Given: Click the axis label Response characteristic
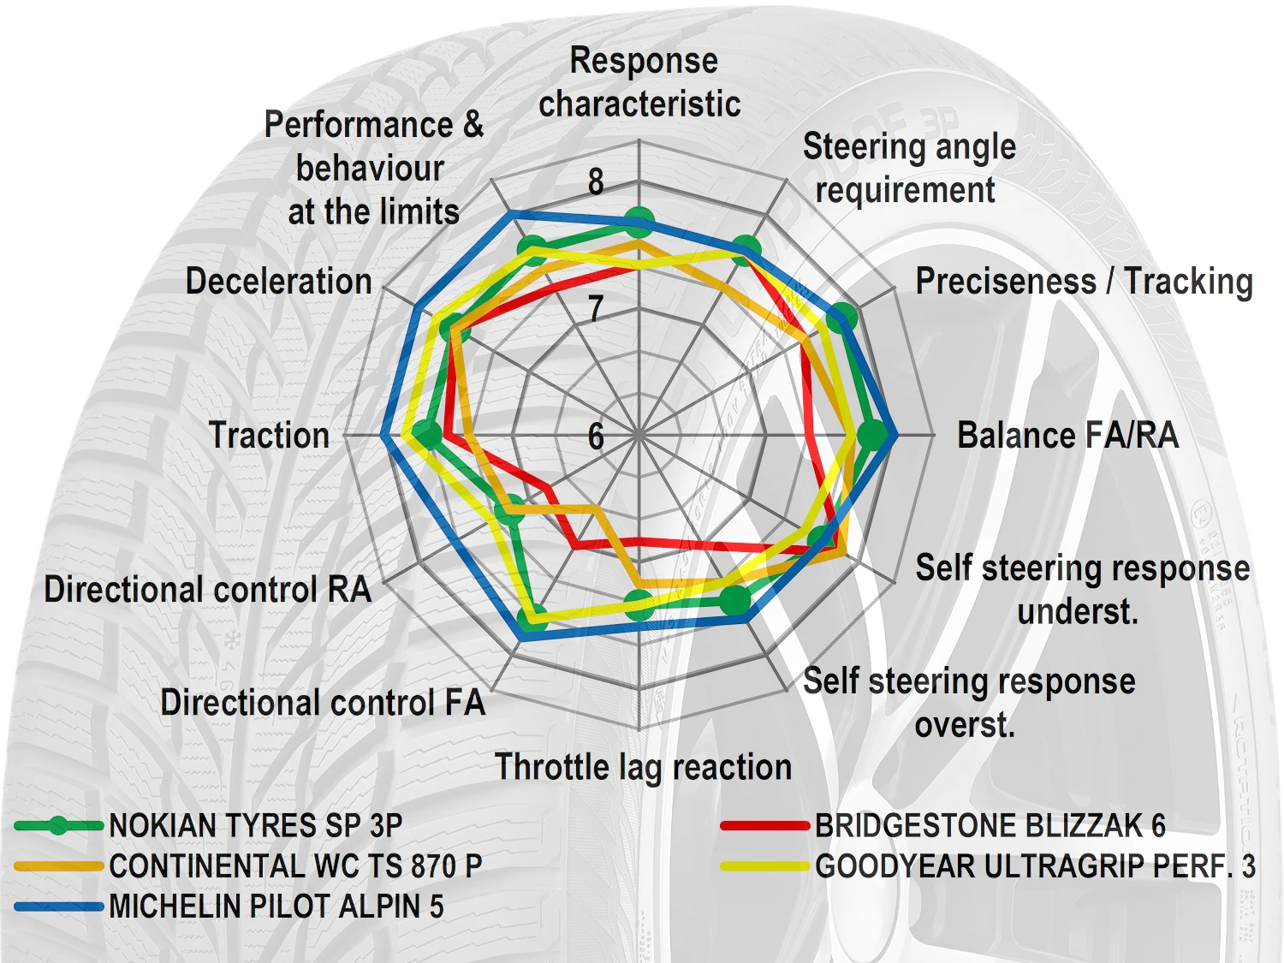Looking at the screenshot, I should [640, 82].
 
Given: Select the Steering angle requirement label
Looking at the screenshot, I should [908, 168].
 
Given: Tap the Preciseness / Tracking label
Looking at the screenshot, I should [1084, 282].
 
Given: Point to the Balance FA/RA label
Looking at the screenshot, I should [1067, 435].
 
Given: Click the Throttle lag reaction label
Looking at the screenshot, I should [643, 766].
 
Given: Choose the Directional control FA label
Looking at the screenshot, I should [323, 703].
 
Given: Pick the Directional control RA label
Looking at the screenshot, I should [207, 589].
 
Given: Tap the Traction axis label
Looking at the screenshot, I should [269, 435].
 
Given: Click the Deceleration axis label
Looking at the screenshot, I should [278, 282].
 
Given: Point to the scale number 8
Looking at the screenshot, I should [596, 181].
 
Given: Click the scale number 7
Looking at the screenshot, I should [596, 308].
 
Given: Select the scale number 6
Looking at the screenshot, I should [596, 437].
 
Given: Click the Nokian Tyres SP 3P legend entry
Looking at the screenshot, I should [255, 826].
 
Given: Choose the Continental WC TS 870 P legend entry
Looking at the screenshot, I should [295, 866].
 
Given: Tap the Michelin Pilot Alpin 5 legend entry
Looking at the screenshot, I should [276, 907].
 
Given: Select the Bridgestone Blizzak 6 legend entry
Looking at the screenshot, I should [990, 826].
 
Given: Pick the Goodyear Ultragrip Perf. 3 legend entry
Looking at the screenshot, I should [1035, 866].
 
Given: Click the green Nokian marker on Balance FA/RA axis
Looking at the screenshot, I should [872, 435].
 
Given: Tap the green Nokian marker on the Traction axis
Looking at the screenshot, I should [427, 434].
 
